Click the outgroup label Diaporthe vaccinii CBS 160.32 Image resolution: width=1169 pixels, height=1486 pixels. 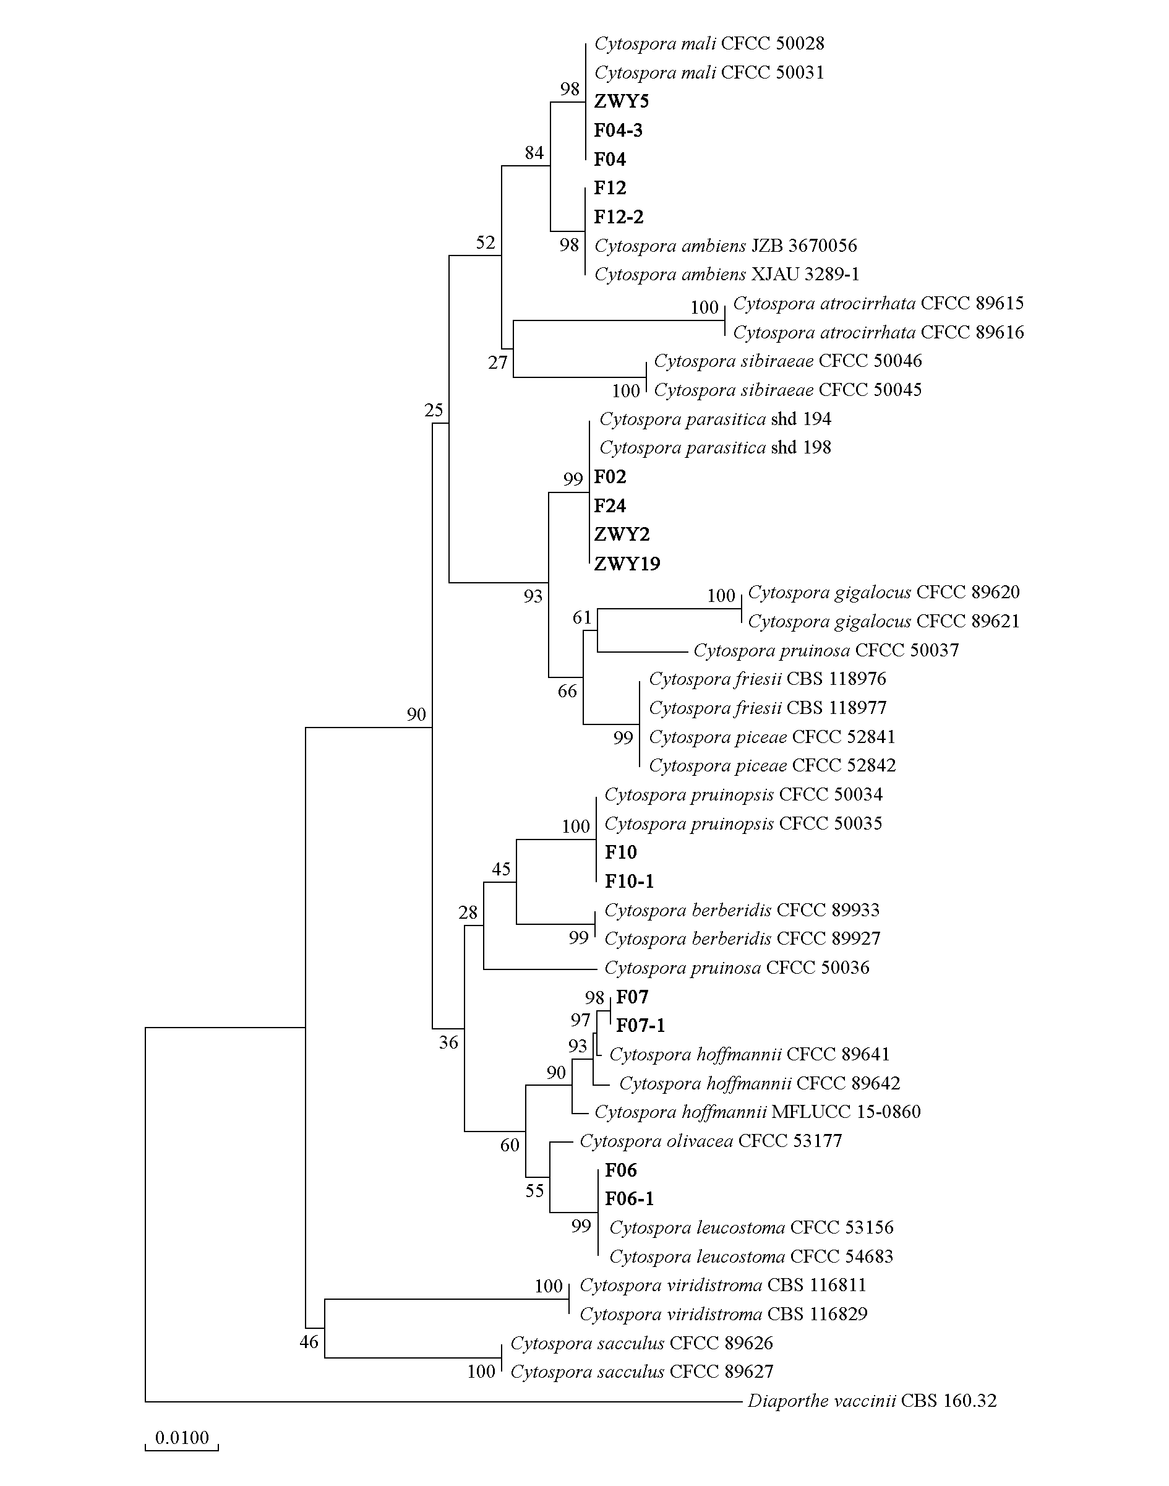pos(872,1401)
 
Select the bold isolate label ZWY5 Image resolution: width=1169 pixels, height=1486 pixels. pos(622,101)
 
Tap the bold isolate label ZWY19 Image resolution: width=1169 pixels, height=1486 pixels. pos(627,564)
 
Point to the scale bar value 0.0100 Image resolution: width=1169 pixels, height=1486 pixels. pos(182,1437)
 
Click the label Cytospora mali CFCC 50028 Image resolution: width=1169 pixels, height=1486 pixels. pos(709,44)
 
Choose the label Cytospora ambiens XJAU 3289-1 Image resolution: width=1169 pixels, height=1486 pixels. pos(727,275)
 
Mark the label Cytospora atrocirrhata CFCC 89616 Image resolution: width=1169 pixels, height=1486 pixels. pos(879,333)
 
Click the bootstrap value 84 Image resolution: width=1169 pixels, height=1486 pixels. pos(534,153)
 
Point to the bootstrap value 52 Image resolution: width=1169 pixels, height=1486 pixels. pos(486,243)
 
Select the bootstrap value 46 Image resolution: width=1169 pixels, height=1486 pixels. pos(309,1342)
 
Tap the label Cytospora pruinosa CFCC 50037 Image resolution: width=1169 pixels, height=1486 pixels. pos(826,650)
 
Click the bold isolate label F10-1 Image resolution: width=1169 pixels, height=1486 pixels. pos(629,881)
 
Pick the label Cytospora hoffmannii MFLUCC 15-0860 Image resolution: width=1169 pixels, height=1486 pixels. pos(758,1112)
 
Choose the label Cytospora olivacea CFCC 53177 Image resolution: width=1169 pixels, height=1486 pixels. pos(711,1141)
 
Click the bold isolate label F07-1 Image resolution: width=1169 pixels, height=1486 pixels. pos(641,1025)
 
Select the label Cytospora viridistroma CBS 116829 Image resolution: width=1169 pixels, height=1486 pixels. pos(724,1314)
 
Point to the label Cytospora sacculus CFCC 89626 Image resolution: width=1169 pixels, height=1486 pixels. pos(642,1343)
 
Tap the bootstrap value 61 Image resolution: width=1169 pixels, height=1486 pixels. pos(583,618)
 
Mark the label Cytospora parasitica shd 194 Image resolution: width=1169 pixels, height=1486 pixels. pos(715,419)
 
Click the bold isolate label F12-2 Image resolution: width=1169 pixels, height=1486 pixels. pos(619,217)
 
